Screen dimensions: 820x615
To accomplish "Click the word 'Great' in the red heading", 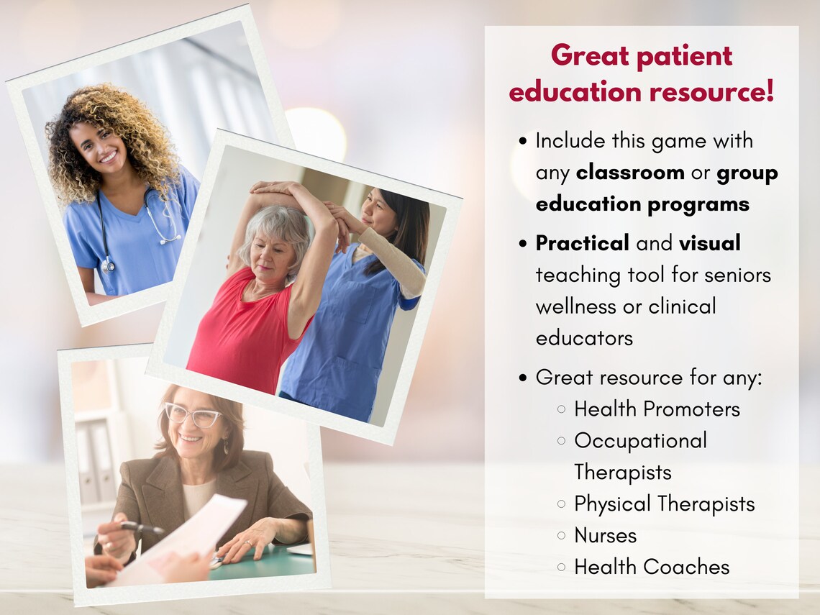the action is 589,56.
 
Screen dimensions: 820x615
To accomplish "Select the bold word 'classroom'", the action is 630,172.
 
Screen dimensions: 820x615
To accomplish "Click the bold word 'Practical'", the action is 582,243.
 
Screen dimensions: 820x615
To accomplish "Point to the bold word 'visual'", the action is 710,242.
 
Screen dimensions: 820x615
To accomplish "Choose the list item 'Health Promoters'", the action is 657,409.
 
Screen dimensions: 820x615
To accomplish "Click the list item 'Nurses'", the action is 605,535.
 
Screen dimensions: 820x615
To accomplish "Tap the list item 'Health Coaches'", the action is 652,567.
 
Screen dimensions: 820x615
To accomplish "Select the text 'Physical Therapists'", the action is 664,504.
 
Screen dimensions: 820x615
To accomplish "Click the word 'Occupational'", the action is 641,441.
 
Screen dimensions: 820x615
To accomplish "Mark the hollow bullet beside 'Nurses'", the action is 561,535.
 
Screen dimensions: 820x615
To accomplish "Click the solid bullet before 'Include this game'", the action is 523,141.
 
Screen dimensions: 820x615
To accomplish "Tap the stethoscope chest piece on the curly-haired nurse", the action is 108,265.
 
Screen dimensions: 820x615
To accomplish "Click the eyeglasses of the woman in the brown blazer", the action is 193,416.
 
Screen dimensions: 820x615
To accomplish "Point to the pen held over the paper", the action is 141,528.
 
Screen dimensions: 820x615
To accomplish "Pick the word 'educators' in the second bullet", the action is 584,338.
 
